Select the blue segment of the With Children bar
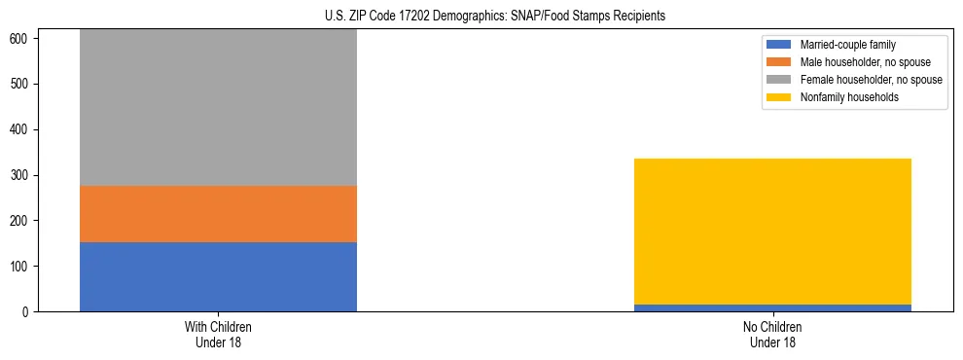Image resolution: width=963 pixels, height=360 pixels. (218, 276)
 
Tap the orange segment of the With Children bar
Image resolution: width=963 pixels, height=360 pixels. (218, 213)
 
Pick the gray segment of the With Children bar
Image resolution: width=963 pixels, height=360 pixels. (218, 107)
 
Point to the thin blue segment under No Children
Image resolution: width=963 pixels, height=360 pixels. (772, 307)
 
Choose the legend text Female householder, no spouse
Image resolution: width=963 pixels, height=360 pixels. (871, 80)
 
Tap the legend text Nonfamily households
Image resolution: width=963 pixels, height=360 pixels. (848, 97)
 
